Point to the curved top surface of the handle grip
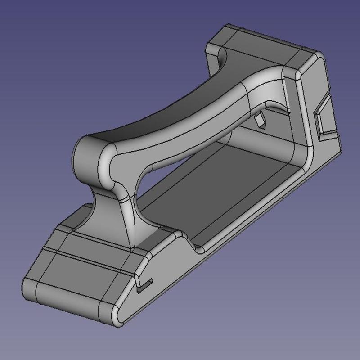tap(180, 108)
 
